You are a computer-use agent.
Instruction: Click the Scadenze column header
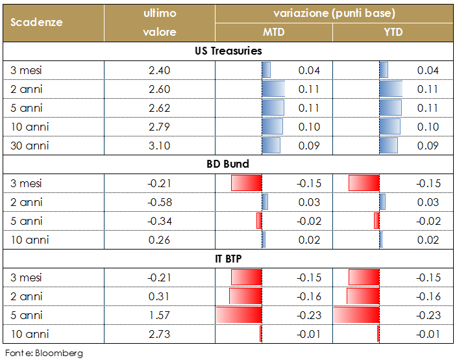coord(36,22)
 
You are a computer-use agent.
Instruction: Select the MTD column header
coord(273,32)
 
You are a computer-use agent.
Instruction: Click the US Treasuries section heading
coord(228,51)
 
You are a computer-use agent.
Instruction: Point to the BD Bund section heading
coord(228,164)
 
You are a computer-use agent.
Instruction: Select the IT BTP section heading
coord(228,259)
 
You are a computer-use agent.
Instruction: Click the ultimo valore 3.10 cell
coord(159,146)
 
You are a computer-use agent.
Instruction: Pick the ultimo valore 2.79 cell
coord(159,127)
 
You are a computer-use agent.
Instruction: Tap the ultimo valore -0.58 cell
coord(159,202)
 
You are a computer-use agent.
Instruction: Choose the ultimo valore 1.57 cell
coord(159,315)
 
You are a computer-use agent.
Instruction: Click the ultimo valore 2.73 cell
coord(159,334)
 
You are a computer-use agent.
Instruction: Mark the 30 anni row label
coord(30,146)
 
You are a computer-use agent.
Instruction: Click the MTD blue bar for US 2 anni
coord(273,89)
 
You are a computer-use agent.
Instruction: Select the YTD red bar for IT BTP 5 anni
coord(356,315)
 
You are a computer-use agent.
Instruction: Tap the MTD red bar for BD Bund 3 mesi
coord(247,183)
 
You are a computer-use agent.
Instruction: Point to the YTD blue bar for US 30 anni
coord(388,146)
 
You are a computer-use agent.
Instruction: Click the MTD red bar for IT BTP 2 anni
coord(246,296)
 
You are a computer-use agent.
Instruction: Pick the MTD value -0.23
coord(309,315)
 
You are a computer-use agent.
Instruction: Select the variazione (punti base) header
coord(334,13)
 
